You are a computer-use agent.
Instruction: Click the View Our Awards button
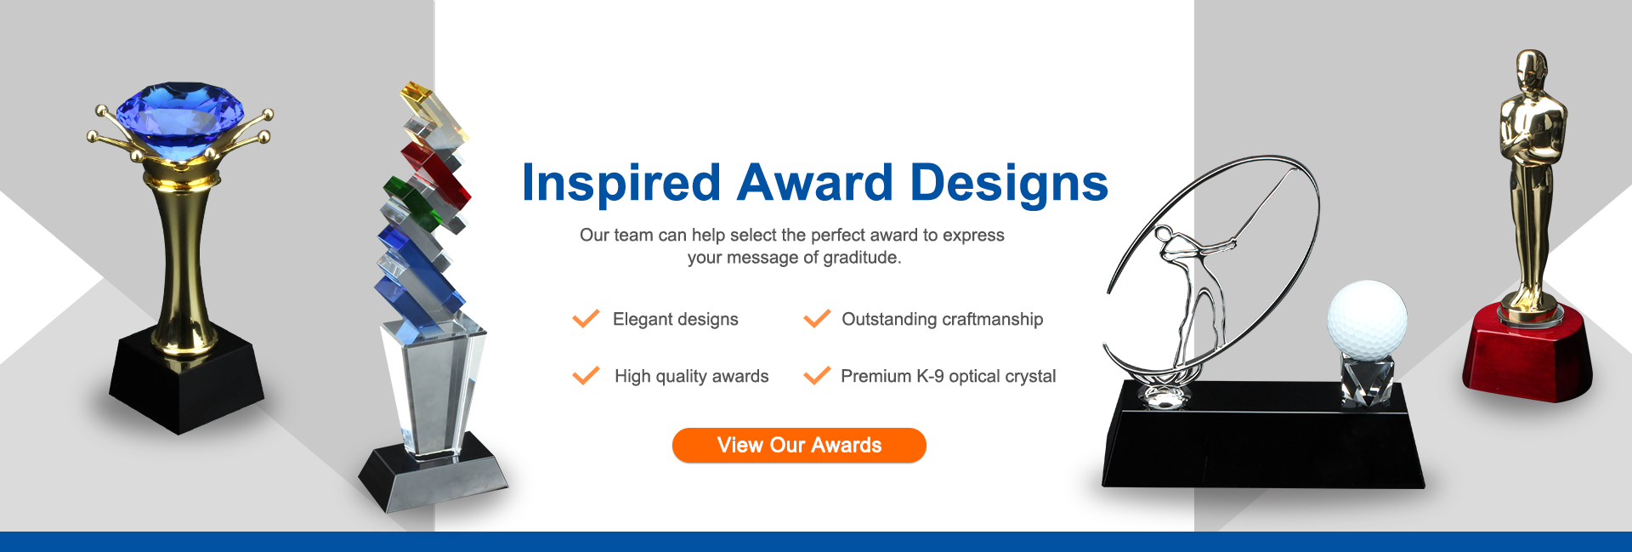click(799, 445)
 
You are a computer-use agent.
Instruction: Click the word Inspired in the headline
click(621, 183)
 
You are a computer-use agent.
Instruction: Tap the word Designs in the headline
click(1009, 183)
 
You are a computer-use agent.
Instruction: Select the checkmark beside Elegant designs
click(586, 319)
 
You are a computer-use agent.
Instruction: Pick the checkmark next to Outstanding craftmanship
click(817, 319)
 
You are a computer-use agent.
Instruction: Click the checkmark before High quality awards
click(586, 376)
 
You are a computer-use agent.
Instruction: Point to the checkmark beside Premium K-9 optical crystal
click(817, 376)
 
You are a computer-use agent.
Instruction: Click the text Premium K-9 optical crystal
click(949, 376)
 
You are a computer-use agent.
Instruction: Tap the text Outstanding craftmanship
click(943, 319)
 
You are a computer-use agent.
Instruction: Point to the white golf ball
click(1367, 318)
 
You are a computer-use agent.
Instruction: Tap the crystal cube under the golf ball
click(1367, 379)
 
